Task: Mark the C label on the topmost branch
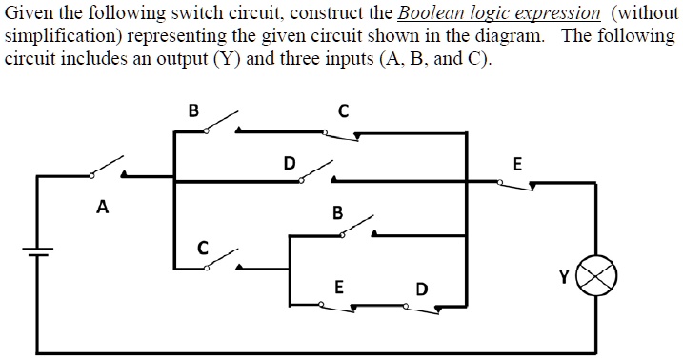(x=343, y=110)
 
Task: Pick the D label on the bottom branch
(x=422, y=288)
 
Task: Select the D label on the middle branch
(x=289, y=162)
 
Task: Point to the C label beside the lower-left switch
(x=202, y=249)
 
